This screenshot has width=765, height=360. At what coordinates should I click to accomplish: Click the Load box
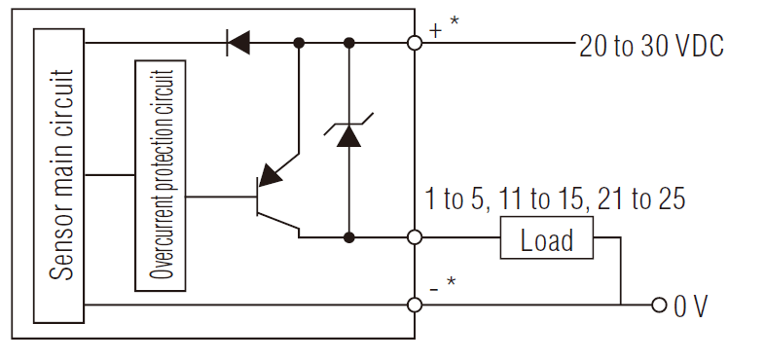click(x=547, y=239)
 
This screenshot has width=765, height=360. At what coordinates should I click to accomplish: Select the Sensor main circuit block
click(x=60, y=175)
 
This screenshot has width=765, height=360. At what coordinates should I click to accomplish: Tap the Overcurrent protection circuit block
click(x=161, y=175)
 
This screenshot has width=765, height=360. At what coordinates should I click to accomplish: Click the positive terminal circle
click(x=416, y=43)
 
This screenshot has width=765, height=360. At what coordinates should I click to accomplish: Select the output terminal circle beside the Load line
click(x=416, y=236)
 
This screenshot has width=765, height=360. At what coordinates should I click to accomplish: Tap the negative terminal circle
click(x=416, y=305)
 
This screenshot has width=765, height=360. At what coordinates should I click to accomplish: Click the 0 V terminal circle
click(x=659, y=305)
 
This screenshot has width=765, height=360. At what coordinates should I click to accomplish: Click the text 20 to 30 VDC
click(x=651, y=46)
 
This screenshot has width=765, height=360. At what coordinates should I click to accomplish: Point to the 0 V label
click(x=692, y=306)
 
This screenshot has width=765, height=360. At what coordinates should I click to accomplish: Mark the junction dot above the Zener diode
click(x=348, y=43)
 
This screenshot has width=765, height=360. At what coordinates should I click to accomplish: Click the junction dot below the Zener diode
click(x=348, y=236)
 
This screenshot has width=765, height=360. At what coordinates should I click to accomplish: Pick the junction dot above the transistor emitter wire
click(x=299, y=43)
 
